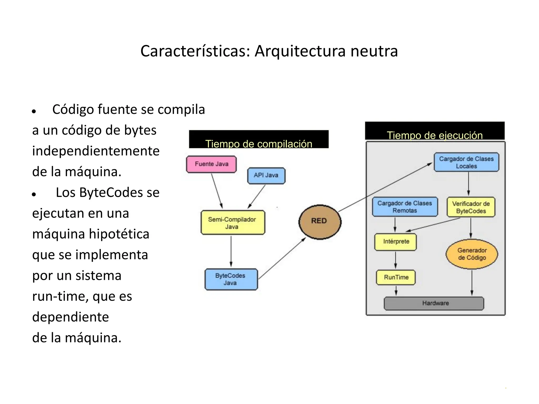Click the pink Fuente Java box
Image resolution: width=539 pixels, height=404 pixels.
point(211,164)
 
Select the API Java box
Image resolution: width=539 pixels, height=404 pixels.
point(266,175)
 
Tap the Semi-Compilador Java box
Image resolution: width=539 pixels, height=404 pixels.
point(233,223)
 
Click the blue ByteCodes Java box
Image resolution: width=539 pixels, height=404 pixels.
point(231,279)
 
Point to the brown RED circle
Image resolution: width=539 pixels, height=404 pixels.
point(320,221)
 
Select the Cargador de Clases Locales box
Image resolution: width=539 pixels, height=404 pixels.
point(466,162)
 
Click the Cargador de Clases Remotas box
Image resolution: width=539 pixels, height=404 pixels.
point(405,207)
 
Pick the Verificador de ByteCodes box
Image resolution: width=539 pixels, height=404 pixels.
point(471,207)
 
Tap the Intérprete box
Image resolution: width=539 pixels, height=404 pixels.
point(396,241)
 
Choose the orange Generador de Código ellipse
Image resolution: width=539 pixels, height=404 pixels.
point(472,254)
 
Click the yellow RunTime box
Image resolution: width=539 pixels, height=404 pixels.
point(396,277)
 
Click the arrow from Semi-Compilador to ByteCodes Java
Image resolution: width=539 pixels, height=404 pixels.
point(231,251)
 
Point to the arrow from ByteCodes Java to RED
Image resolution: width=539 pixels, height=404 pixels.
point(282,259)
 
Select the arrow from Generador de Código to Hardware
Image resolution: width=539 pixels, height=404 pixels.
point(472,283)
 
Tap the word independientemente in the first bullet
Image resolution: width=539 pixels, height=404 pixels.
point(96,151)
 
